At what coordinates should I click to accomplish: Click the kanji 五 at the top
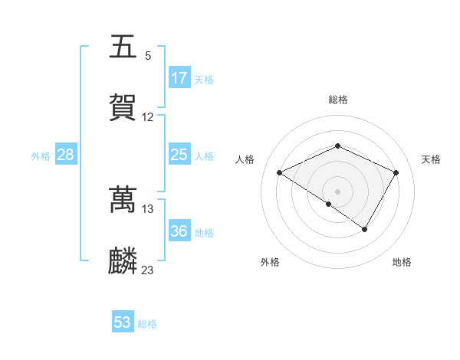point(123,47)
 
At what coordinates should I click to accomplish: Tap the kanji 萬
point(123,200)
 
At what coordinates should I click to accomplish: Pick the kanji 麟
point(123,261)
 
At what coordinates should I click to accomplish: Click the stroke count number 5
point(148,56)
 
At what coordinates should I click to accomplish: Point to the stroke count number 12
point(148,117)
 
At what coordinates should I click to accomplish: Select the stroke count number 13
point(148,209)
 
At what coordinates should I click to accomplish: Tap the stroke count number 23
point(148,270)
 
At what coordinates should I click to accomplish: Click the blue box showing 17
point(179,78)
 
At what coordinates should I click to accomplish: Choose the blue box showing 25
point(179,155)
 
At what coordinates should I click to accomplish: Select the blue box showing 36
point(179,231)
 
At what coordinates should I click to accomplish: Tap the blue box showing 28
point(66,155)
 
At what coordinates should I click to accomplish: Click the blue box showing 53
point(123,322)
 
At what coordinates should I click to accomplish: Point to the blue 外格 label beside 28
point(41,156)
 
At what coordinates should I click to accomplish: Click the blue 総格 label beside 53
point(148,324)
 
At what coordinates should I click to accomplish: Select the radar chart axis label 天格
point(431,159)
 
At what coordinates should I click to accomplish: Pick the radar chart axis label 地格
point(402,263)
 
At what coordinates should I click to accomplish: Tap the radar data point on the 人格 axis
point(280,173)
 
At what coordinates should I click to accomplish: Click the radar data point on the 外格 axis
point(328,204)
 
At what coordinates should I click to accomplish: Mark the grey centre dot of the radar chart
point(338,191)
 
